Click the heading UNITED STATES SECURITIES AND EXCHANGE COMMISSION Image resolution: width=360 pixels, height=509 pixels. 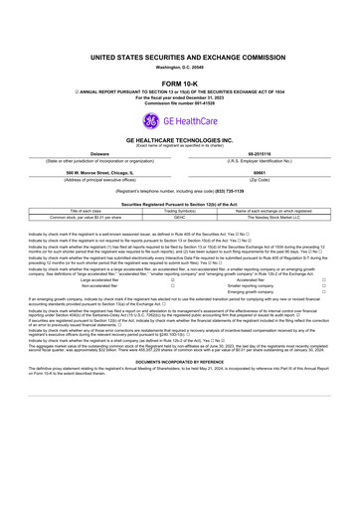tap(180, 59)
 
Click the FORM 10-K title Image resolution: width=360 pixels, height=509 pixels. tap(180, 84)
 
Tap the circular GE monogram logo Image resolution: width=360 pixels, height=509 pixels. tap(152, 121)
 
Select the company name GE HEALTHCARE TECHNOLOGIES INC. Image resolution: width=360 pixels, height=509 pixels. tap(180, 142)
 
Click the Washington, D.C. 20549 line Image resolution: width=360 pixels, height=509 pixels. tap(180, 69)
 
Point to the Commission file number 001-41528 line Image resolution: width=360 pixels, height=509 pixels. tap(180, 101)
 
